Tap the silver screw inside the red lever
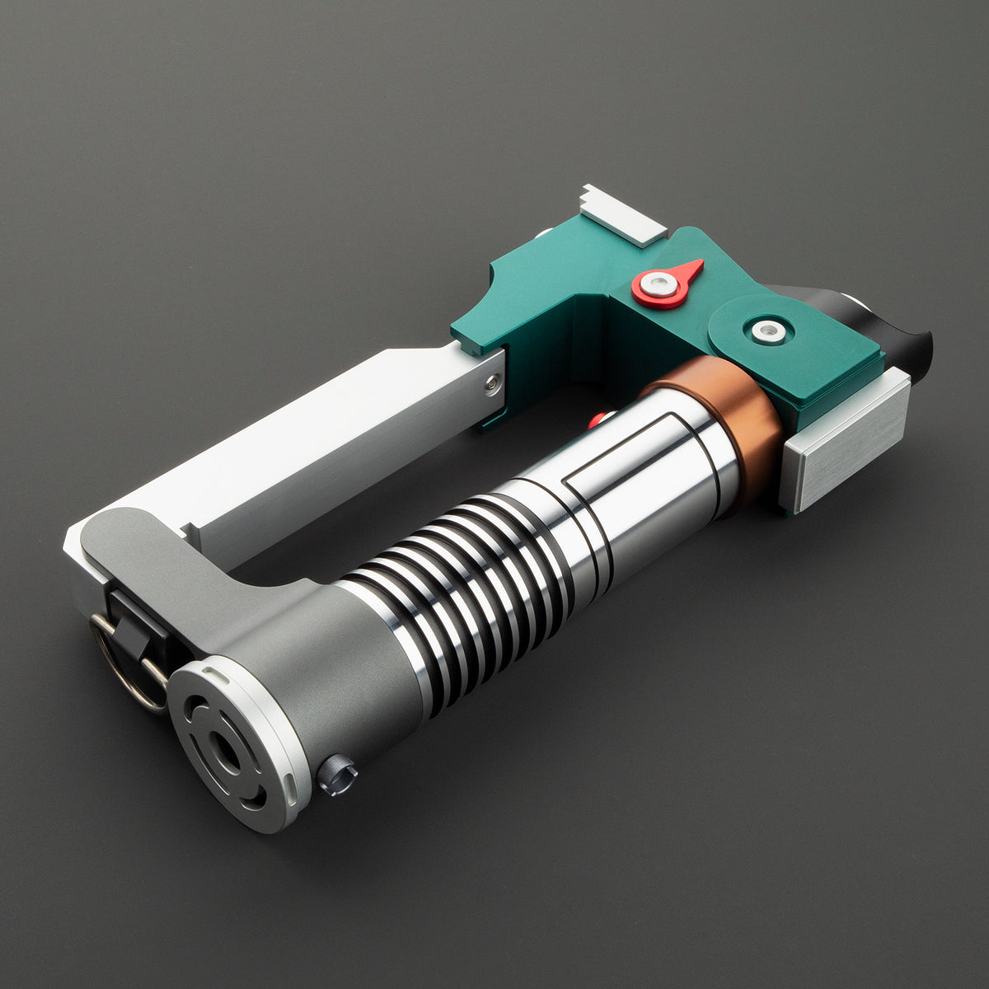pyautogui.click(x=659, y=285)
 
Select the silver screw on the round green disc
pyautogui.click(x=768, y=330)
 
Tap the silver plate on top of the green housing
pyautogui.click(x=622, y=214)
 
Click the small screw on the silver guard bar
pyautogui.click(x=492, y=382)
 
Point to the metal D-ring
pyautogui.click(x=124, y=668)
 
